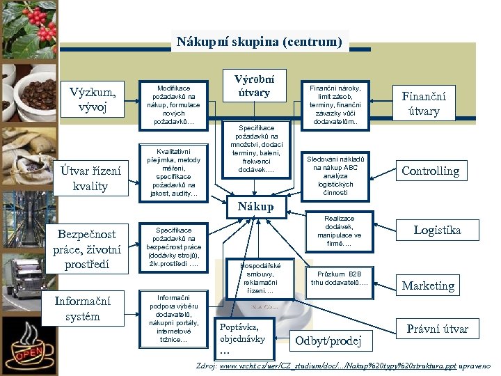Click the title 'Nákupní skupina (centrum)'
[x=260, y=42]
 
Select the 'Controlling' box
[x=431, y=171]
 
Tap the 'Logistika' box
[x=437, y=230]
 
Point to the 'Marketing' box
[x=428, y=285]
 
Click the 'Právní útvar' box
[x=437, y=329]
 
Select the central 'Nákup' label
[x=255, y=207]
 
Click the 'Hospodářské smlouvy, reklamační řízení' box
[x=261, y=278]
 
